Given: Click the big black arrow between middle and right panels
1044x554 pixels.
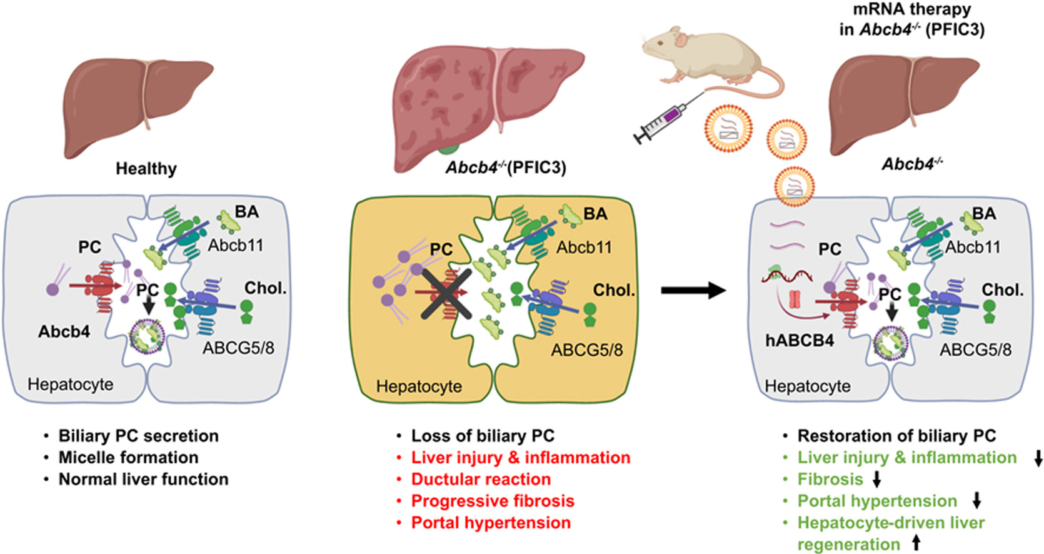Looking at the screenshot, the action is (693, 290).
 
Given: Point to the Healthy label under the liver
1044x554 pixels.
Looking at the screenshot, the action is (146, 168).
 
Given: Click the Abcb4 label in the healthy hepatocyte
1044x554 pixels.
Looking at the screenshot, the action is (64, 331).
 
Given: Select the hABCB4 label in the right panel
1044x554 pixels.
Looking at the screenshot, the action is (800, 340).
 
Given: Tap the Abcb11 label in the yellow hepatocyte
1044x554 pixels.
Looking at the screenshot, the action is (584, 247).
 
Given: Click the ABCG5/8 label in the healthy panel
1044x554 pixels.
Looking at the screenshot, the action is (238, 348).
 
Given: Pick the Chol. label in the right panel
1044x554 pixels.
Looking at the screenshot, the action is (1003, 290).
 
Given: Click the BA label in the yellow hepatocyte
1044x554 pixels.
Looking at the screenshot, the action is (595, 214).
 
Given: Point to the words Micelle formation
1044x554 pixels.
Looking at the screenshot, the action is (129, 458).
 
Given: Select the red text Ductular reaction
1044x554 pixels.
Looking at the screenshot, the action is (481, 479).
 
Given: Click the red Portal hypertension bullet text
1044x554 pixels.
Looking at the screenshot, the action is (491, 522).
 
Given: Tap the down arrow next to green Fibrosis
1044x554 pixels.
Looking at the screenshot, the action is (876, 480).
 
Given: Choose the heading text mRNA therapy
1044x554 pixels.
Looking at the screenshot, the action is (913, 9).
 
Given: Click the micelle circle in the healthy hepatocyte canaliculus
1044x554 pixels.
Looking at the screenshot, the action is (148, 336).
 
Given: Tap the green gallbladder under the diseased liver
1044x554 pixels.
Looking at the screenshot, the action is (448, 149).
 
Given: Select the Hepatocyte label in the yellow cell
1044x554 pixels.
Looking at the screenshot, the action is (419, 386).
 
